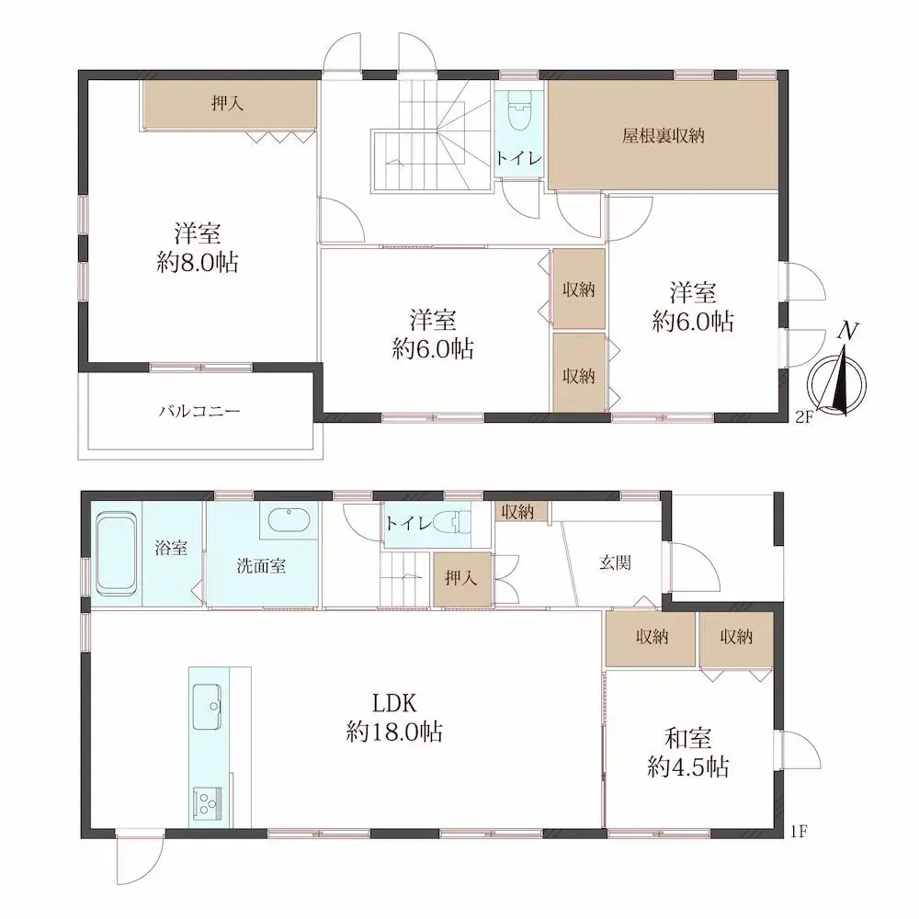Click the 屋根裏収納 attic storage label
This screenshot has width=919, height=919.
[x=663, y=136]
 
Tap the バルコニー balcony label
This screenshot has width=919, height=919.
[x=199, y=411]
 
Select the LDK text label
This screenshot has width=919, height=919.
[x=394, y=702]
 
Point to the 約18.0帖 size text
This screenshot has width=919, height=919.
[x=394, y=732]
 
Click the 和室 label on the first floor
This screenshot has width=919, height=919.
[x=688, y=739]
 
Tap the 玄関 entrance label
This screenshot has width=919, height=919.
[x=615, y=563]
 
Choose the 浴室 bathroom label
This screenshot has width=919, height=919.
[x=171, y=548]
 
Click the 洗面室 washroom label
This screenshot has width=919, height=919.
[x=261, y=566]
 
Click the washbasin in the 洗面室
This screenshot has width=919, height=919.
[x=289, y=519]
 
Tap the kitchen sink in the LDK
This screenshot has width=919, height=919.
[x=207, y=706]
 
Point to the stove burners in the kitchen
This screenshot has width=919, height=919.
[x=207, y=803]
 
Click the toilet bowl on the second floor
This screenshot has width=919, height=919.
[x=518, y=111]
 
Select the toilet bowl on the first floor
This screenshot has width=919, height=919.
[x=453, y=522]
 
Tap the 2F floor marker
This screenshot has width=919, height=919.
[x=804, y=417]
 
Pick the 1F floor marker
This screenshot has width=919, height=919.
[x=799, y=831]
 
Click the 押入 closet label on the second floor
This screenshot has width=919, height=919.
[x=227, y=104]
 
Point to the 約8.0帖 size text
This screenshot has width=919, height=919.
[x=198, y=263]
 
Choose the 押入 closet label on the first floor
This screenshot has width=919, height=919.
[x=461, y=579]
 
